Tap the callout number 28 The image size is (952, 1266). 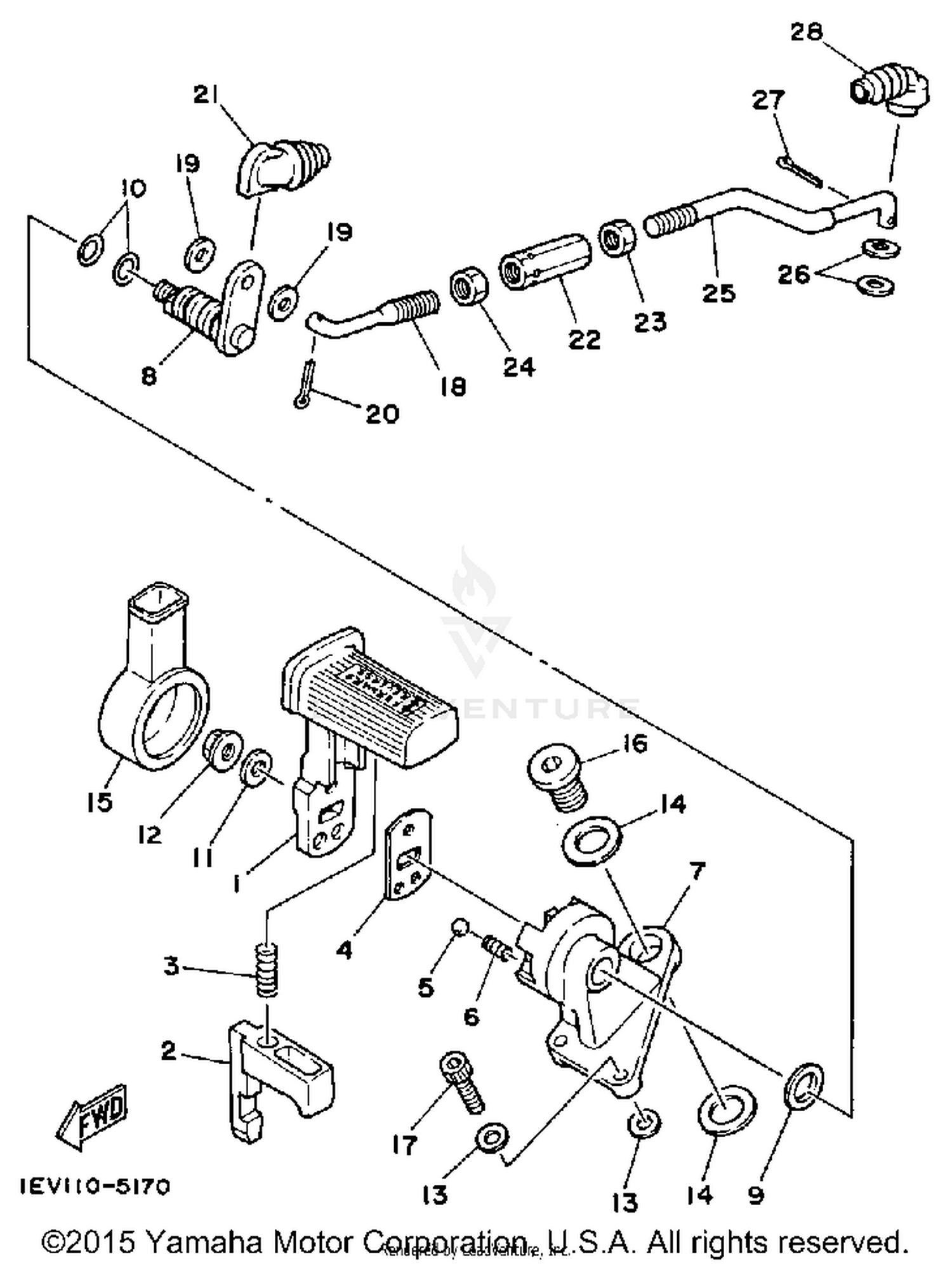click(x=806, y=32)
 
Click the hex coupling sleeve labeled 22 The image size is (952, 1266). click(x=546, y=261)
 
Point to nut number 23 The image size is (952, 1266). click(x=615, y=237)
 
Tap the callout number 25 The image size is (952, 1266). click(x=718, y=294)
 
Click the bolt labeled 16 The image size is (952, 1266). click(x=559, y=777)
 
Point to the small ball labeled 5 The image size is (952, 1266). click(x=459, y=928)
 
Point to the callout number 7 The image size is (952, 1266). click(x=696, y=872)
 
